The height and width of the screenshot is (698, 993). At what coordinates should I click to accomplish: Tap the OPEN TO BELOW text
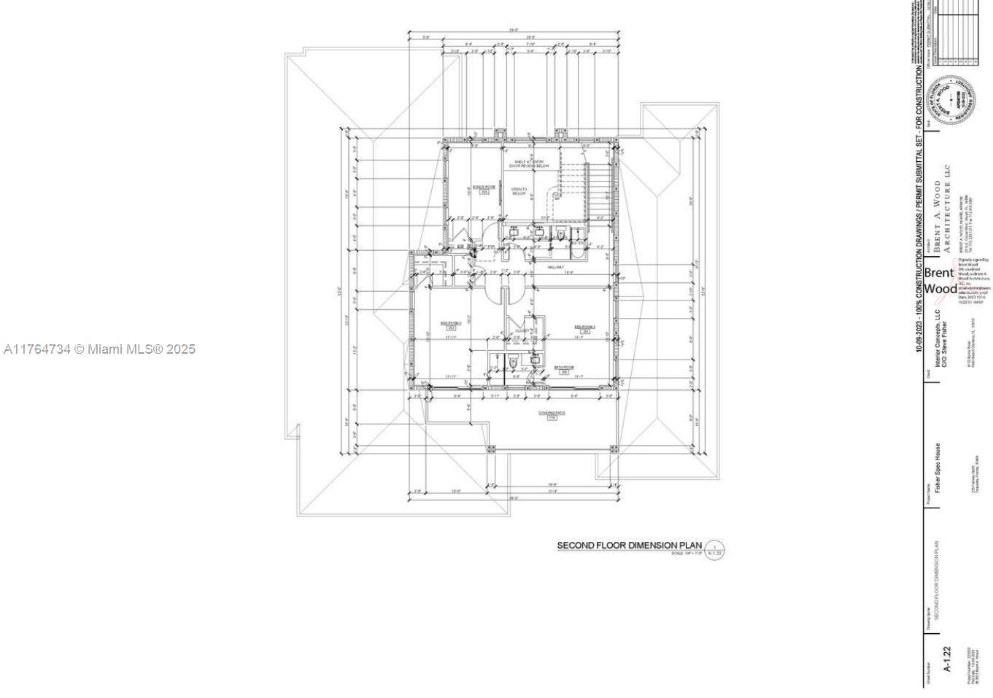tap(519, 191)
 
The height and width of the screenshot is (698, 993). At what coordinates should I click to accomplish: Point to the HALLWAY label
tap(556, 267)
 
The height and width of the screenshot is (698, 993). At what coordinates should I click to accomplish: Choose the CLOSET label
tap(522, 330)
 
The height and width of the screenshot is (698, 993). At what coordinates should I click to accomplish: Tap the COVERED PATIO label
tap(552, 414)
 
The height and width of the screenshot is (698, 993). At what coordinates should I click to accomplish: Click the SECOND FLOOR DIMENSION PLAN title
tap(629, 545)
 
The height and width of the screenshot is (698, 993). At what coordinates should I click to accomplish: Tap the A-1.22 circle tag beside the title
tap(714, 551)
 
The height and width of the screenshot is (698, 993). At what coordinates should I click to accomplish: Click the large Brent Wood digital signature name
tap(939, 281)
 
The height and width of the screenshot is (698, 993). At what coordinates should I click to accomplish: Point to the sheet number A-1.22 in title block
tap(946, 659)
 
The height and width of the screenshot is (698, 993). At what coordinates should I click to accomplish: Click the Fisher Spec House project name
tap(938, 468)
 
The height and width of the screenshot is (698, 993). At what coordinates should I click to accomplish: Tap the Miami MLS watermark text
tap(99, 349)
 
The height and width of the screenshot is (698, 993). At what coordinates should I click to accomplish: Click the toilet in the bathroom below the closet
tap(514, 361)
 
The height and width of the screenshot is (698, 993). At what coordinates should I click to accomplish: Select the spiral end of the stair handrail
tap(557, 195)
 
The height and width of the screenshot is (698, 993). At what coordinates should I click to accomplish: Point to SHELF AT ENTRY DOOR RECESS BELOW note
tap(529, 164)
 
